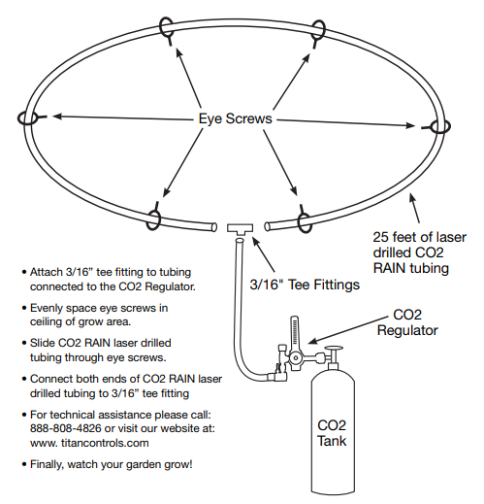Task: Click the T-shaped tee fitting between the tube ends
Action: (x=240, y=228)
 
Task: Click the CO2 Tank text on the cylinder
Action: (x=331, y=433)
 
